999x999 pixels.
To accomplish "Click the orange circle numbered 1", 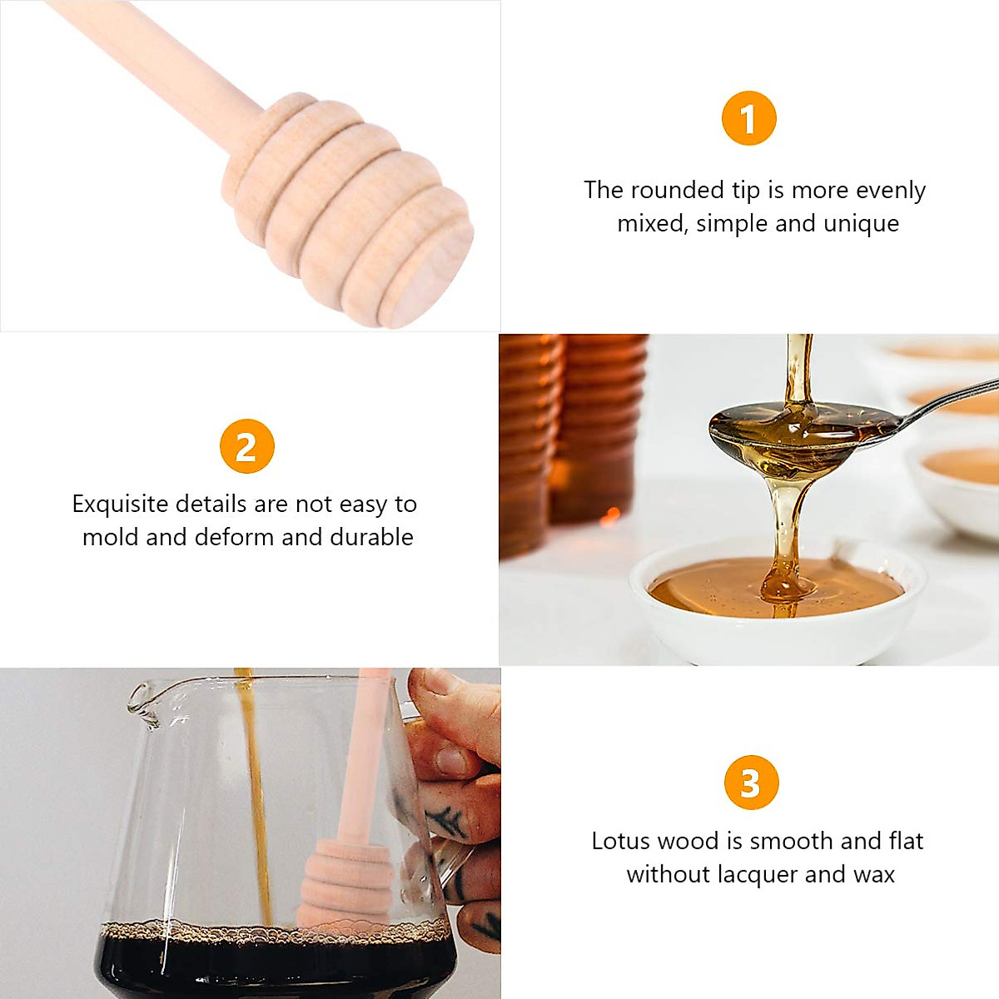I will [x=748, y=118].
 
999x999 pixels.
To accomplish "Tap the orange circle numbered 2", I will [x=246, y=446].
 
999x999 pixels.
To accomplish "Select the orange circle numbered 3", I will [x=750, y=783].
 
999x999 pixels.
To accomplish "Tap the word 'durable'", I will [x=371, y=537].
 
